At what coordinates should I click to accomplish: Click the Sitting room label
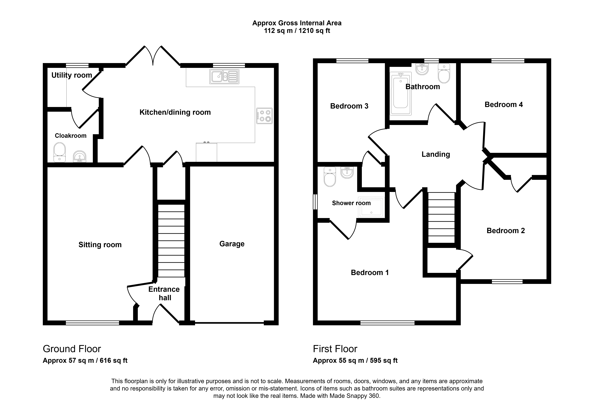(100, 245)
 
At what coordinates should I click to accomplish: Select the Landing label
(436, 154)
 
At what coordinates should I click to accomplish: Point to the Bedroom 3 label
(349, 106)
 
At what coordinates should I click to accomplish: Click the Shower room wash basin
(347, 172)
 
